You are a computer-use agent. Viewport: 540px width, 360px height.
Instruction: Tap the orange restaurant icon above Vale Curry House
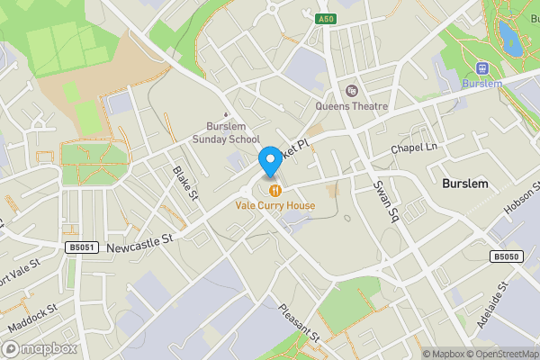275,190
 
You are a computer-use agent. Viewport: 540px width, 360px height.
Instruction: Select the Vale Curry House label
275,205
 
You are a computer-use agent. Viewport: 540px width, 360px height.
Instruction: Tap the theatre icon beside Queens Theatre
351,90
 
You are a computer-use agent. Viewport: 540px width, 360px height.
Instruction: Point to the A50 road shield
325,18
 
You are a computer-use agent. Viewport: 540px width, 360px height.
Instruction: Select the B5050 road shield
504,256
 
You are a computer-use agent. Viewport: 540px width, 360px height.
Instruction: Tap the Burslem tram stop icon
481,67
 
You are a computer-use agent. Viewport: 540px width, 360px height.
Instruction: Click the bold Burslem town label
464,183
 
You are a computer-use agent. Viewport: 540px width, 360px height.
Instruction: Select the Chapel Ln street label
413,147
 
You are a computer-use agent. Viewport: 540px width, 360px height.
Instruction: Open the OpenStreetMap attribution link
493,354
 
